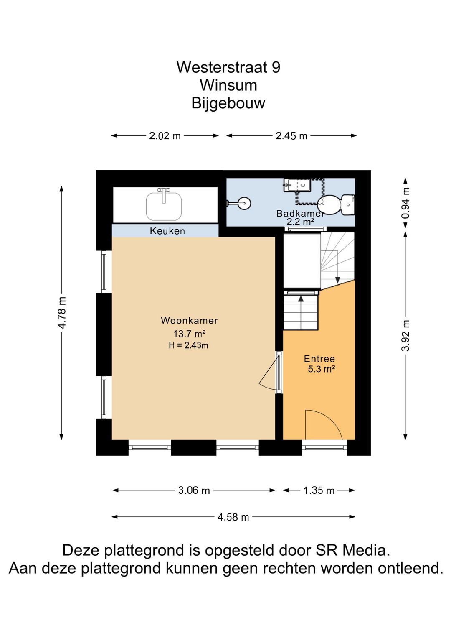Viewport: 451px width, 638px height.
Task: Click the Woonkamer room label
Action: pos(189,320)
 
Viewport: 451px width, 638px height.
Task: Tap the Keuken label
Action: pos(167,231)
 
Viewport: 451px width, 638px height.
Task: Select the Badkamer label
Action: pos(300,213)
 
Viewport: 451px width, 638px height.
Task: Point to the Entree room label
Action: pos(319,359)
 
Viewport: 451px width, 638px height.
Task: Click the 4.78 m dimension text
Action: pos(62,312)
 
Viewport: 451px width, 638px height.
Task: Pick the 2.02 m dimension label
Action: pos(165,136)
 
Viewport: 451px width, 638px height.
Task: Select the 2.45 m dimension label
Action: pos(291,136)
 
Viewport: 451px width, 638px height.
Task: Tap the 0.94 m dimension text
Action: pos(405,203)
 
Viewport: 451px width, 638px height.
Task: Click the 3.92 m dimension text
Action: pos(405,336)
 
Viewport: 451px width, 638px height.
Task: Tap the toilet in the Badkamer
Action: pos(336,204)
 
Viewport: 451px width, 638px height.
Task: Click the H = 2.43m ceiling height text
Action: pos(188,345)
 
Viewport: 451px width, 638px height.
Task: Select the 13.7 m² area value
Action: pos(190,333)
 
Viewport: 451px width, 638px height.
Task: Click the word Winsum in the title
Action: pos(228,85)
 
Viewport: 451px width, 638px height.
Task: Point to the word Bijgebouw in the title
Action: pos(228,103)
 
